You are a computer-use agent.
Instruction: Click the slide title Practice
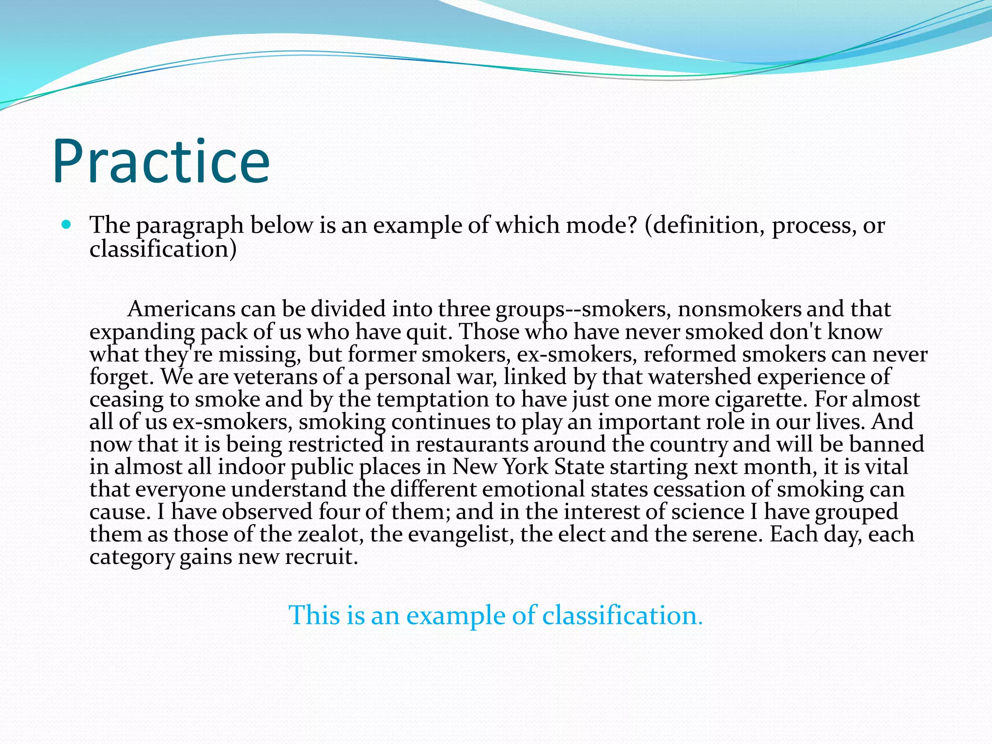[x=161, y=162]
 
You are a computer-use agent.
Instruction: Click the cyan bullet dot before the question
[x=67, y=225]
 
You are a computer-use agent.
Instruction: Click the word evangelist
[x=461, y=535]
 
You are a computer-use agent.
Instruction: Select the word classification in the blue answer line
[x=621, y=616]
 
